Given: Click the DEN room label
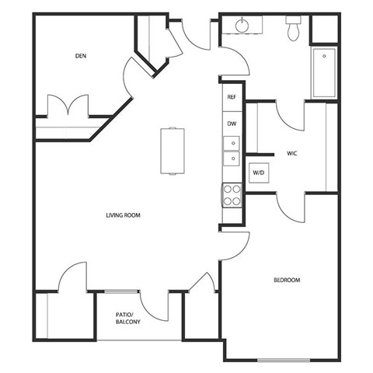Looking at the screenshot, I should (x=79, y=56).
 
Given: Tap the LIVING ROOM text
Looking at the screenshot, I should (x=124, y=214).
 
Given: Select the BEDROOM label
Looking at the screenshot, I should (x=286, y=280).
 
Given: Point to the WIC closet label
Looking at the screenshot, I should (x=293, y=153).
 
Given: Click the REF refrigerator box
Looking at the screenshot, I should (x=231, y=98).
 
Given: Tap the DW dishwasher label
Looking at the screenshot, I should (x=231, y=124).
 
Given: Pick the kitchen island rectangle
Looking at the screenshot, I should (x=173, y=151).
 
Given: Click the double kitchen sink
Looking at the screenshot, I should (x=231, y=151).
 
